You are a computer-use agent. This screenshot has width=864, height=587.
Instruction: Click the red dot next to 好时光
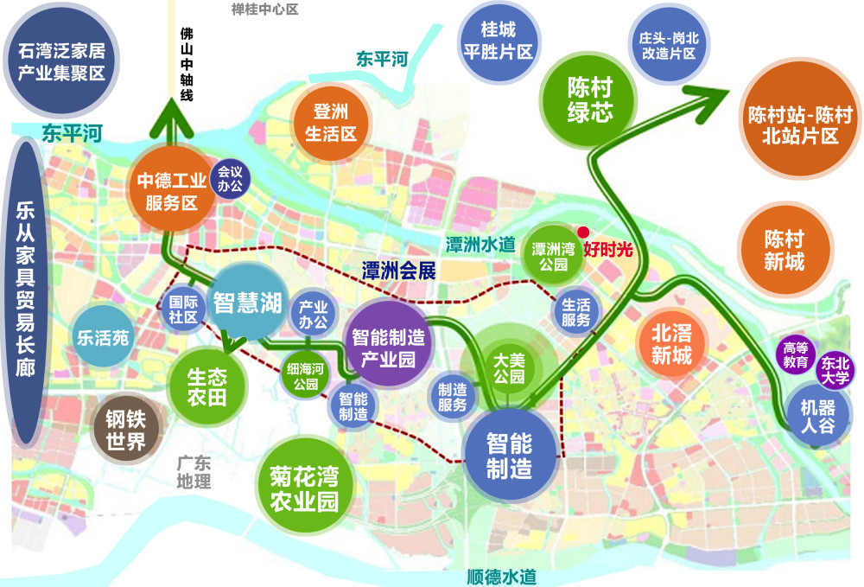(x=583, y=233)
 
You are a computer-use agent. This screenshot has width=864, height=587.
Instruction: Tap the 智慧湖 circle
(x=247, y=303)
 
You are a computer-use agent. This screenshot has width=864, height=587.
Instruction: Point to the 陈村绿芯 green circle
(x=590, y=99)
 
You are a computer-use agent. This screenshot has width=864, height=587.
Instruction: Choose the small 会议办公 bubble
(x=232, y=179)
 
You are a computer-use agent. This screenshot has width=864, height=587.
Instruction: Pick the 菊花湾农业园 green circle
(x=303, y=489)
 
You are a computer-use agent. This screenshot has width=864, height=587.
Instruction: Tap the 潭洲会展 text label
(x=398, y=270)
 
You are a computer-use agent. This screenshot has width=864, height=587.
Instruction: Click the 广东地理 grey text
(x=192, y=472)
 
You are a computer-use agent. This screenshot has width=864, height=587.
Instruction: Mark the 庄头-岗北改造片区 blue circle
(x=667, y=46)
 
